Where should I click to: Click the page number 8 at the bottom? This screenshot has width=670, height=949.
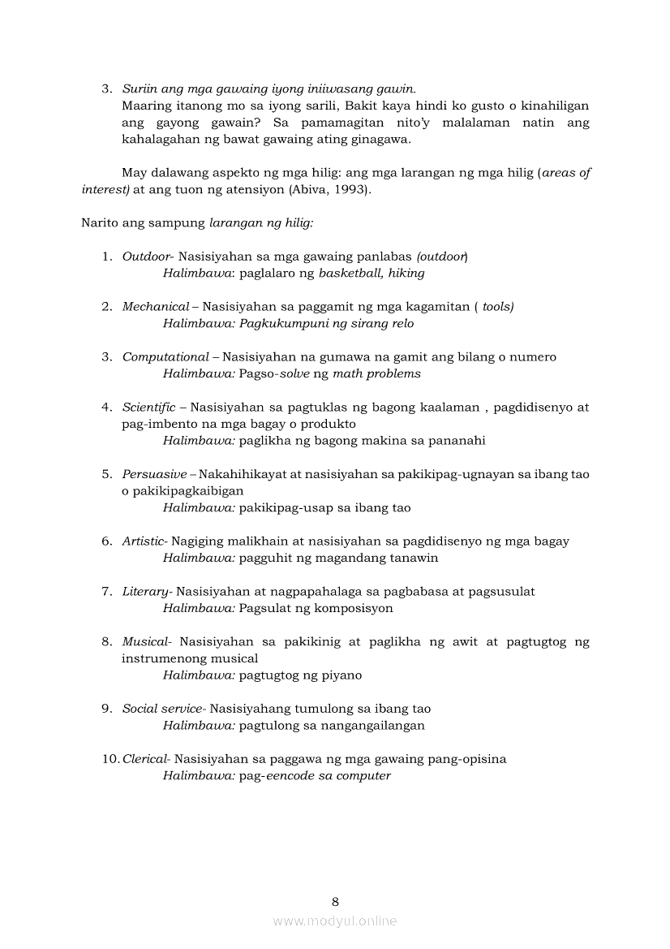click(x=335, y=901)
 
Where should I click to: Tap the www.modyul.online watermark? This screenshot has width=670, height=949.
click(x=335, y=921)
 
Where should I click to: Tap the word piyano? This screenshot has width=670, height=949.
click(x=341, y=675)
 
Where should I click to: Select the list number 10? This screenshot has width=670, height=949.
click(x=110, y=758)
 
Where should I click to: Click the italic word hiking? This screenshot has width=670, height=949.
click(x=406, y=274)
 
